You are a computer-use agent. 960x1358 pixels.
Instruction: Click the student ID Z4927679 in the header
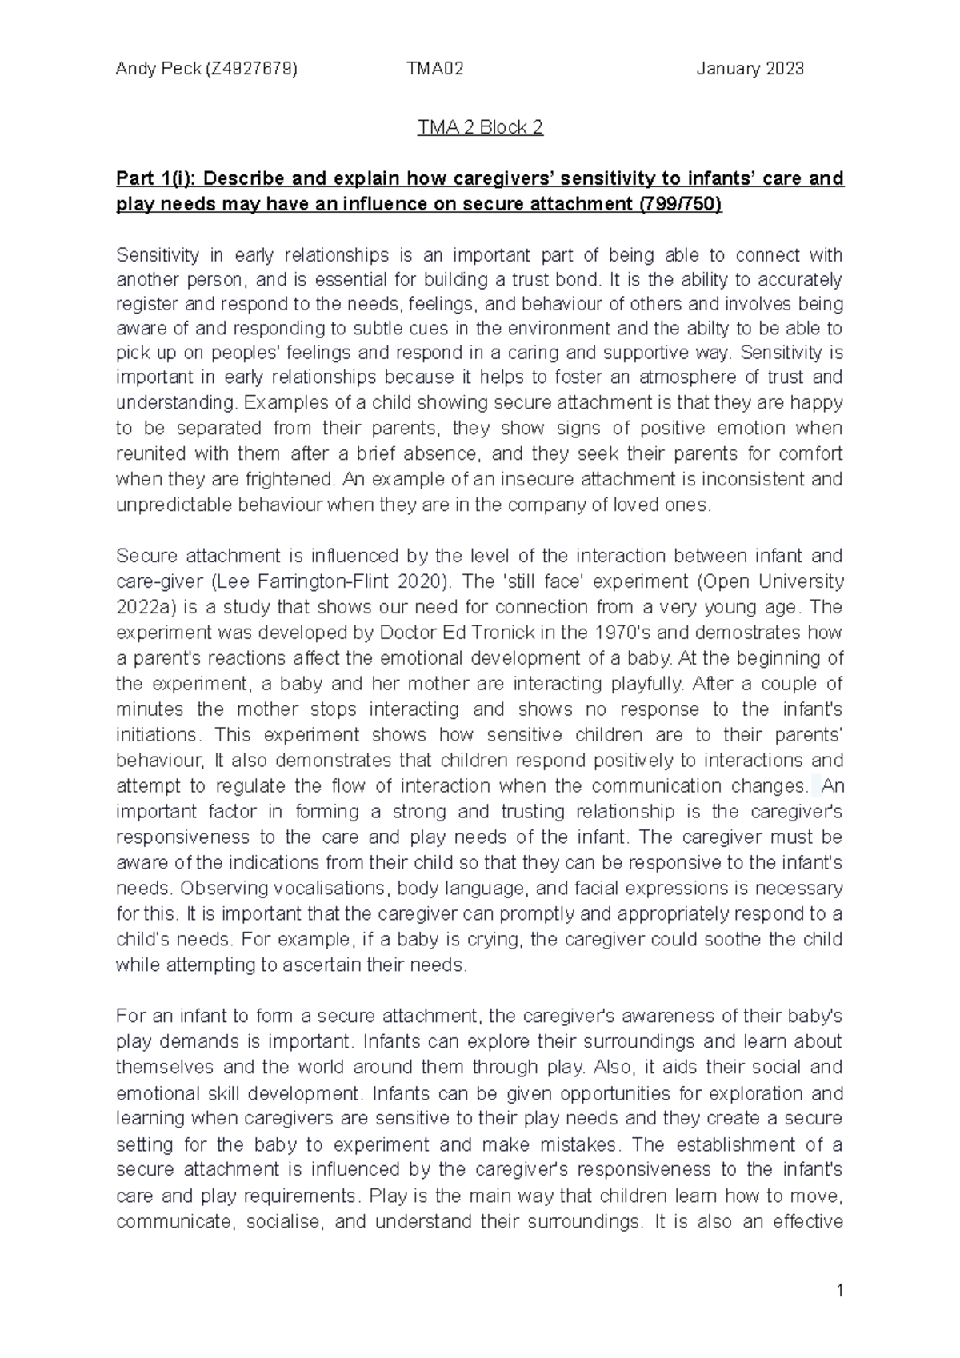pyautogui.click(x=251, y=69)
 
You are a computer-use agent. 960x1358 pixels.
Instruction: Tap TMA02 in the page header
pyautogui.click(x=434, y=69)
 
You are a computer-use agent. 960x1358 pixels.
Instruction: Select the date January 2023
pyautogui.click(x=750, y=69)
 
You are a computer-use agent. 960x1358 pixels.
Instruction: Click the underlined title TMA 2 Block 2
pyautogui.click(x=480, y=128)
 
